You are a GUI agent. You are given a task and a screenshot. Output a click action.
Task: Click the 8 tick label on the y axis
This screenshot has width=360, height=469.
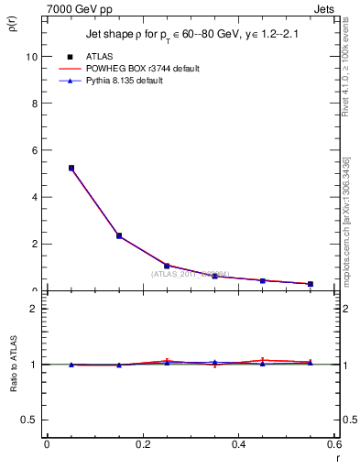pos(34,104)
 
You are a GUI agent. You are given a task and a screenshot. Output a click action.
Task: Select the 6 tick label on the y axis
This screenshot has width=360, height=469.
pos(34,150)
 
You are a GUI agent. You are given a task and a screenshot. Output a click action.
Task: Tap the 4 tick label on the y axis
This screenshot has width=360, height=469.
pos(34,198)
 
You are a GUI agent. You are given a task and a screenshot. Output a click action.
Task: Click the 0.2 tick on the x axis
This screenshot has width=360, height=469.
pos(142,445)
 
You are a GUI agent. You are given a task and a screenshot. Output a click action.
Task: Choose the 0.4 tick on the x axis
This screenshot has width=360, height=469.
pos(238,445)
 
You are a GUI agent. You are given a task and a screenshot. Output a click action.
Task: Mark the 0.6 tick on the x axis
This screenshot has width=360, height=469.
pos(333,445)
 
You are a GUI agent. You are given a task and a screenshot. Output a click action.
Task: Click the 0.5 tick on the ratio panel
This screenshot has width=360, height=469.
pos(30,420)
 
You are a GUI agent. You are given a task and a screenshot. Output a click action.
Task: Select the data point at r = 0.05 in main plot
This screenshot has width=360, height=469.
pos(71,168)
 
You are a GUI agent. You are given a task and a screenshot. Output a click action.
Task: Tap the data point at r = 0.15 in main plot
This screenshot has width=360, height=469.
pos(119,235)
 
